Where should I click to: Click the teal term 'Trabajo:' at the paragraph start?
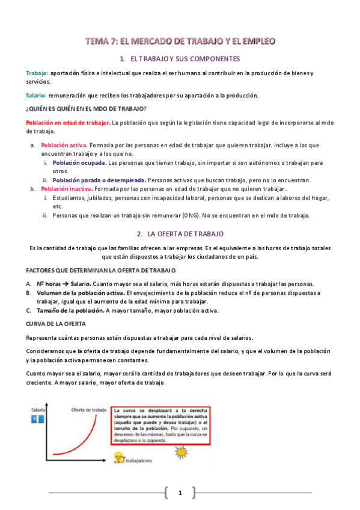tap(37, 73)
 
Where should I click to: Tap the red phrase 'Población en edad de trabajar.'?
tap(68, 123)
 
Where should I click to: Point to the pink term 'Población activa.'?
tap(64, 146)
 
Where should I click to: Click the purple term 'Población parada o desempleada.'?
tap(99, 180)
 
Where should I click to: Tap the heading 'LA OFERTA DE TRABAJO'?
tap(186, 233)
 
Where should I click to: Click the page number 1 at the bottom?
tap(180, 493)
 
